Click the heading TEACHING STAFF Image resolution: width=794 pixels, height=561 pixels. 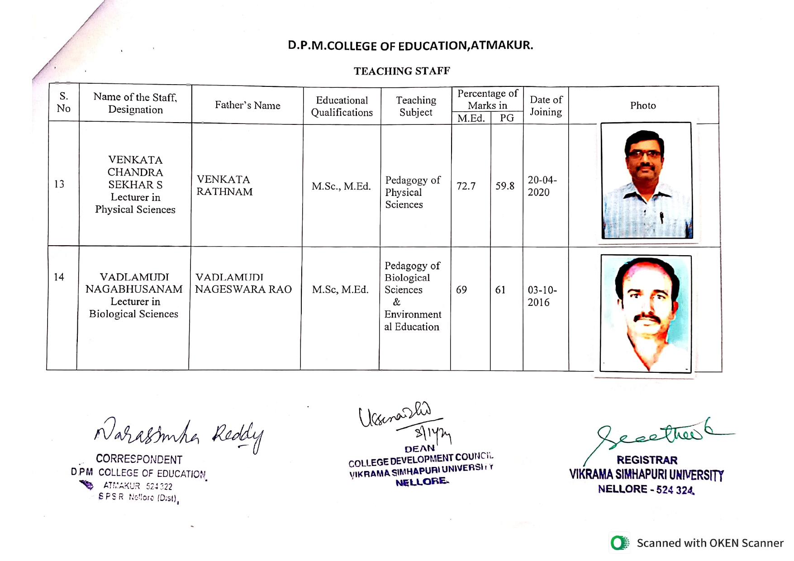pyautogui.click(x=401, y=71)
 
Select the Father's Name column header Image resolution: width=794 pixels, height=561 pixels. pyautogui.click(x=247, y=105)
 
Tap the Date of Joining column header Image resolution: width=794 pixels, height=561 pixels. pyautogui.click(x=546, y=105)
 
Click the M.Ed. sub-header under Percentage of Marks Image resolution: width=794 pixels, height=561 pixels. pyautogui.click(x=471, y=119)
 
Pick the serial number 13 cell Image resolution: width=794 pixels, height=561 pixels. pyautogui.click(x=59, y=184)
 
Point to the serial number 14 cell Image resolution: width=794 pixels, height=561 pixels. pyautogui.click(x=59, y=277)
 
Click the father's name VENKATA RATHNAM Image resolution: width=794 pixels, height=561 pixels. pyautogui.click(x=224, y=185)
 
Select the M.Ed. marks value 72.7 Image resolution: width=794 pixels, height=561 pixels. pyautogui.click(x=466, y=186)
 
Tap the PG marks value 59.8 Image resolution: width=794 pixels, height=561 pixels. pyautogui.click(x=505, y=186)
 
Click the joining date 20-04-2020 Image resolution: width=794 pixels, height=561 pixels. pyautogui.click(x=542, y=186)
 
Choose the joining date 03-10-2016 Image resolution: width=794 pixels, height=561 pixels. pyautogui.click(x=542, y=296)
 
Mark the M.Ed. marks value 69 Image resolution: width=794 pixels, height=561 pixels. pyautogui.click(x=461, y=290)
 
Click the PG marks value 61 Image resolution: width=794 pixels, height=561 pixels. pyautogui.click(x=500, y=290)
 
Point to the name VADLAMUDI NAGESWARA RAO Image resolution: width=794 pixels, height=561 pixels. pyautogui.click(x=243, y=283)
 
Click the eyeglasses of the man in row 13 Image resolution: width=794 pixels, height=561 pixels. pyautogui.click(x=644, y=154)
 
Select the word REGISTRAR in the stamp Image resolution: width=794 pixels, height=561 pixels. pyautogui.click(x=647, y=460)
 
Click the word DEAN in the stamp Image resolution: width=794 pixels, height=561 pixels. pyautogui.click(x=419, y=449)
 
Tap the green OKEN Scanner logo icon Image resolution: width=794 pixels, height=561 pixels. pyautogui.click(x=619, y=542)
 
